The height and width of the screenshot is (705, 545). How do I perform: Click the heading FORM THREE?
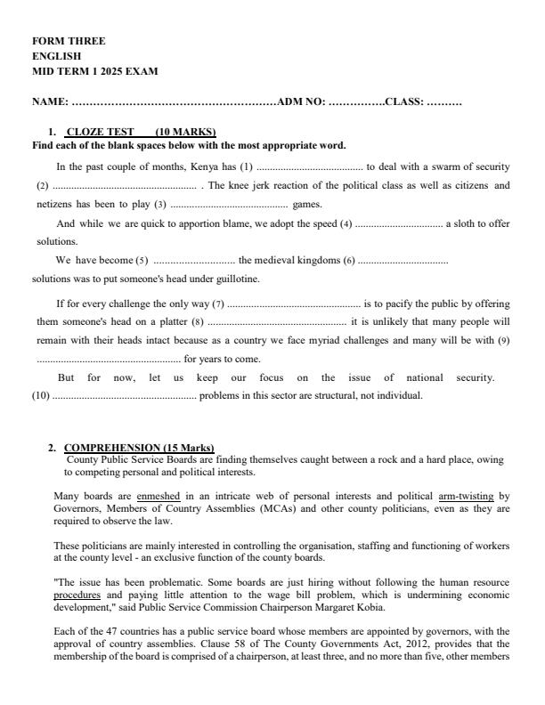pyautogui.click(x=69, y=41)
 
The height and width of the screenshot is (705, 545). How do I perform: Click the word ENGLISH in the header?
pyautogui.click(x=56, y=56)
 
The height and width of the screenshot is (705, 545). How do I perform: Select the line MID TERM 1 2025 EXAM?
pyautogui.click(x=95, y=71)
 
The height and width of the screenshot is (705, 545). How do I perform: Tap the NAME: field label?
pyautogui.click(x=50, y=102)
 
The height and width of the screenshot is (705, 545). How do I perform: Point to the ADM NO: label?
pyautogui.click(x=301, y=102)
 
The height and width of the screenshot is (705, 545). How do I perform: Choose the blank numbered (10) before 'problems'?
pyautogui.click(x=124, y=395)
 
